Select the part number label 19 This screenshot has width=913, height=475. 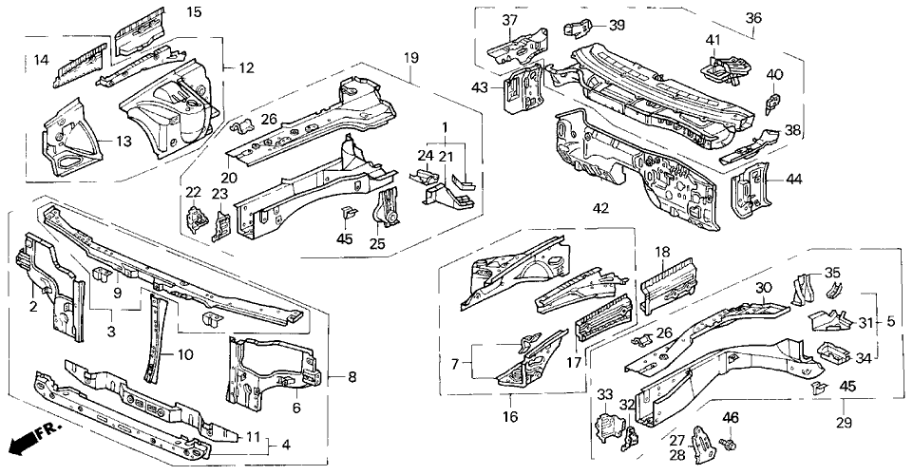[x=411, y=58]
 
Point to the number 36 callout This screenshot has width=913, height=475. [x=753, y=17]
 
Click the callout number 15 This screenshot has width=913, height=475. [x=194, y=12]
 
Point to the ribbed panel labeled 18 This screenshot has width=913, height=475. [x=667, y=284]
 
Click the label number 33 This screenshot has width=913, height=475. [x=604, y=392]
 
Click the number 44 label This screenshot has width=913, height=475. [x=794, y=180]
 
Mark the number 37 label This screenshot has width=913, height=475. [x=511, y=21]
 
